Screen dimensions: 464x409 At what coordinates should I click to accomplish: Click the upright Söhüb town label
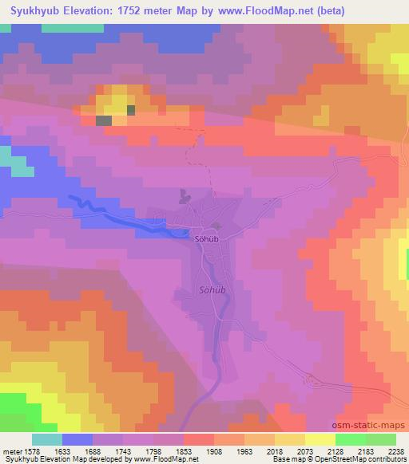207,238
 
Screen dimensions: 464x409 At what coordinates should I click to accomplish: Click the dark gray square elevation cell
104,120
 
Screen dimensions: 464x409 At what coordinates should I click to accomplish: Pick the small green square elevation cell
130,110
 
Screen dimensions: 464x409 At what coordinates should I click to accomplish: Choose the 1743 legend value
123,451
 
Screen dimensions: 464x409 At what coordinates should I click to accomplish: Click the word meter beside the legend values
10,451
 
